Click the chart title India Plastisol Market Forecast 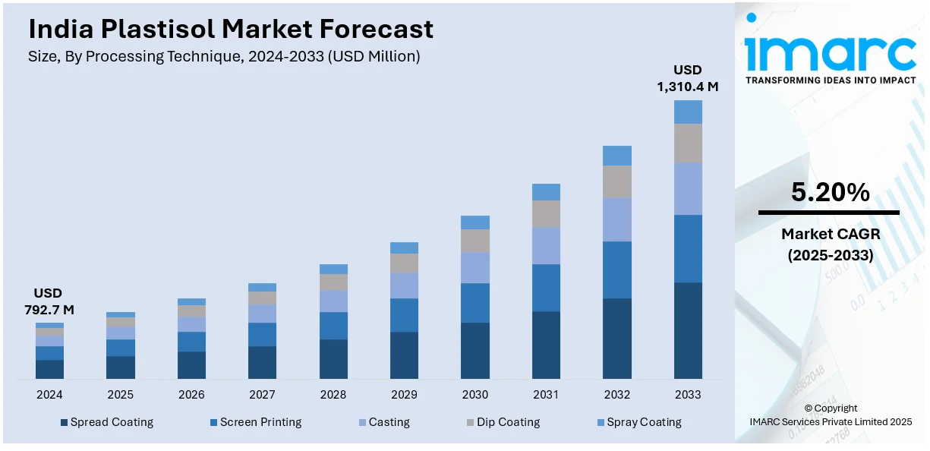(x=231, y=29)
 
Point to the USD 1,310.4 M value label (x=687, y=78)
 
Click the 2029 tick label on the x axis (x=404, y=395)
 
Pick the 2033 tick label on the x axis (x=688, y=395)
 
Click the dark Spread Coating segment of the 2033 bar (x=688, y=330)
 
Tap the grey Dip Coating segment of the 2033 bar (x=688, y=143)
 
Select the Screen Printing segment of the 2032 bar (x=617, y=270)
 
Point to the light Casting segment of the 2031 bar (x=546, y=245)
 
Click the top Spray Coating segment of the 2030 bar (x=475, y=222)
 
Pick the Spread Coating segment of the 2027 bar (x=262, y=362)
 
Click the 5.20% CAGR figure (x=830, y=193)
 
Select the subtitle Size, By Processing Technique (x=224, y=56)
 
